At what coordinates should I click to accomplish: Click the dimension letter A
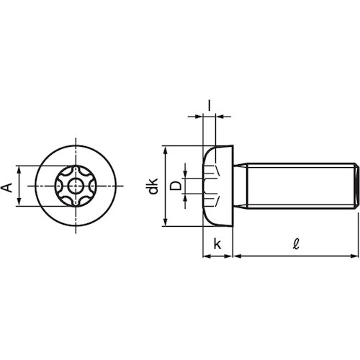pos(8,187)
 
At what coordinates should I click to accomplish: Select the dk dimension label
pos(153,186)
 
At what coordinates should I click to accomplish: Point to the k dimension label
pos(217,244)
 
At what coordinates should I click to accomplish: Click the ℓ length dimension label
pos(297,244)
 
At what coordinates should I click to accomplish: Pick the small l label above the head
pos(210,106)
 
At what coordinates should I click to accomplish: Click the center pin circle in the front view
pos(76,186)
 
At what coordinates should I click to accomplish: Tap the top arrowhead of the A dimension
pos(19,169)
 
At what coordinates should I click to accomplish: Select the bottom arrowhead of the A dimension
pos(19,202)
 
